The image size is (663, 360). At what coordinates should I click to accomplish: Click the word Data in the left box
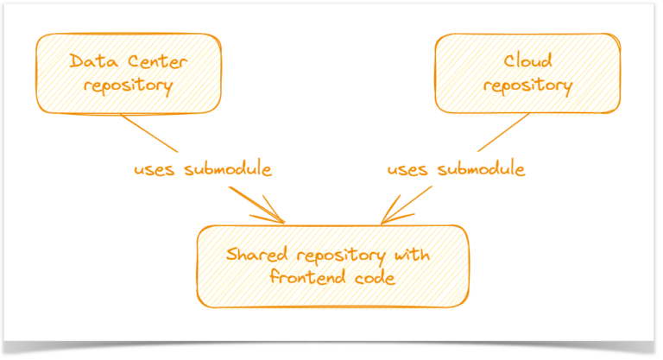click(88, 61)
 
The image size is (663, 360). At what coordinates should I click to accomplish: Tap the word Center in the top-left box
click(144, 61)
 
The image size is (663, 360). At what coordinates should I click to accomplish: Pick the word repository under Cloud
click(527, 85)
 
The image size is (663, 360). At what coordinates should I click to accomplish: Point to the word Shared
click(255, 256)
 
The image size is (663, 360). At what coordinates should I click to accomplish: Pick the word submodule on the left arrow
click(228, 169)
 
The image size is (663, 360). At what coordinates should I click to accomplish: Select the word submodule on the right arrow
click(482, 169)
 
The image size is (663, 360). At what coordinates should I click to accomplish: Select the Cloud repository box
click(527, 73)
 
